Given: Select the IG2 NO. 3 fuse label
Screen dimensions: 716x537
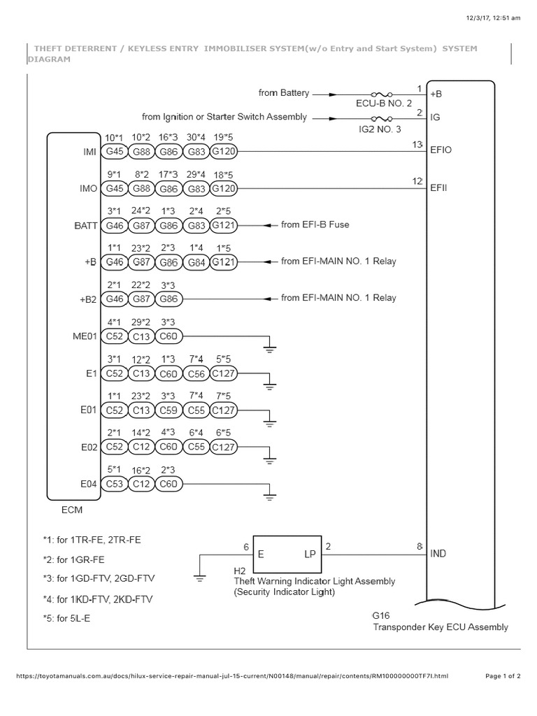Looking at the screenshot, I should click(380, 130).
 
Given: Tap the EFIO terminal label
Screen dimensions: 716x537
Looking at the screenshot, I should click(442, 150).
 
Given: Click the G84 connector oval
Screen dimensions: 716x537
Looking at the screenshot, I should click(196, 262).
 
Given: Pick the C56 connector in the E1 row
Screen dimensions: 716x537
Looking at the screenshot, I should click(196, 373).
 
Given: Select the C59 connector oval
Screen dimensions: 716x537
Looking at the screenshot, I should click(169, 410).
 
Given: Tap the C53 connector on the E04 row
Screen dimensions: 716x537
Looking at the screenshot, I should click(113, 485).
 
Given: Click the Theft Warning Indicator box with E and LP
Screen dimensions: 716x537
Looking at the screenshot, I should click(285, 555).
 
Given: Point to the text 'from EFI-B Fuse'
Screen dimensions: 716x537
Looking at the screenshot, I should click(315, 224).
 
